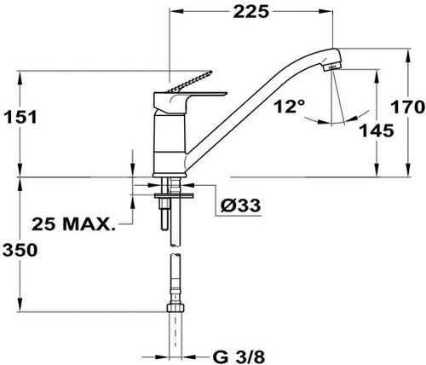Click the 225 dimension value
coord(250,12)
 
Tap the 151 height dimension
coord(20,117)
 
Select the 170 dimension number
coord(407,107)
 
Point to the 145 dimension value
coord(377,130)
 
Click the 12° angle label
coord(289,107)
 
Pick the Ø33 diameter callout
coord(240,205)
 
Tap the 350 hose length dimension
coord(20,250)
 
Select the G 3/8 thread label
coord(239,356)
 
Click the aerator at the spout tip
coord(332,67)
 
